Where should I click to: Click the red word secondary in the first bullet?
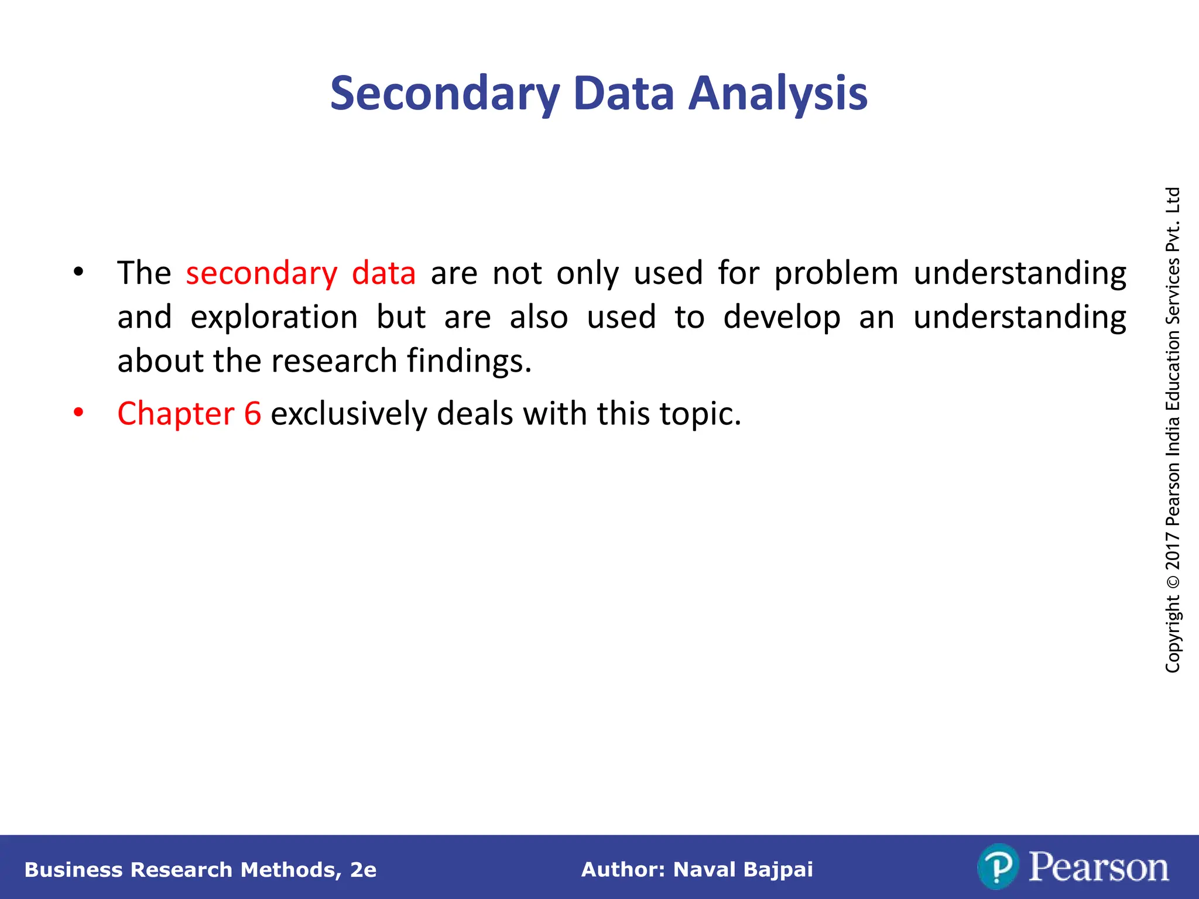(x=262, y=274)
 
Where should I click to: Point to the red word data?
(x=383, y=274)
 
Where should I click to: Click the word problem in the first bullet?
(x=836, y=274)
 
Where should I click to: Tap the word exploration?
(x=274, y=318)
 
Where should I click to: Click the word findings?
(x=469, y=361)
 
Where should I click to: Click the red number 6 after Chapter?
(x=252, y=414)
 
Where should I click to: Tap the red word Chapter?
(x=176, y=414)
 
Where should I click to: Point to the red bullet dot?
(x=78, y=413)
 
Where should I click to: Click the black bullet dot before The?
(x=78, y=272)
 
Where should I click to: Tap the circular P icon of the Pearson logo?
(x=998, y=867)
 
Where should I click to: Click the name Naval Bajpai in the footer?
(x=743, y=870)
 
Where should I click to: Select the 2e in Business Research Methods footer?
(x=363, y=870)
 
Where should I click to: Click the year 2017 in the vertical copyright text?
(x=1173, y=551)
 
